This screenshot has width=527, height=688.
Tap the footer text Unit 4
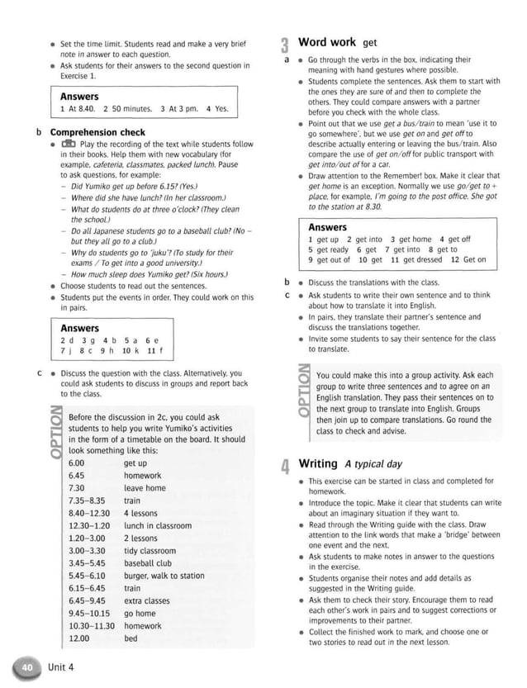(61, 667)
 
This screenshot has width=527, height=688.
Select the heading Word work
(326, 42)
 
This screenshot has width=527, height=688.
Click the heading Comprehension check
(97, 132)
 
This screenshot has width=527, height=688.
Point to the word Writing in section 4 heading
(317, 463)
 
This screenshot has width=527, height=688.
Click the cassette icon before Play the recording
(69, 144)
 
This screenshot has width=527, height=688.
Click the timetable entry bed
(131, 638)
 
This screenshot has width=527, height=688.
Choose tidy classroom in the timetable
(150, 551)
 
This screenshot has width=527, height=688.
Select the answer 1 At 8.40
(79, 109)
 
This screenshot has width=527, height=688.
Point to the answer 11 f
(154, 349)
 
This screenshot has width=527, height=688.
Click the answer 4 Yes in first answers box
(217, 109)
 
